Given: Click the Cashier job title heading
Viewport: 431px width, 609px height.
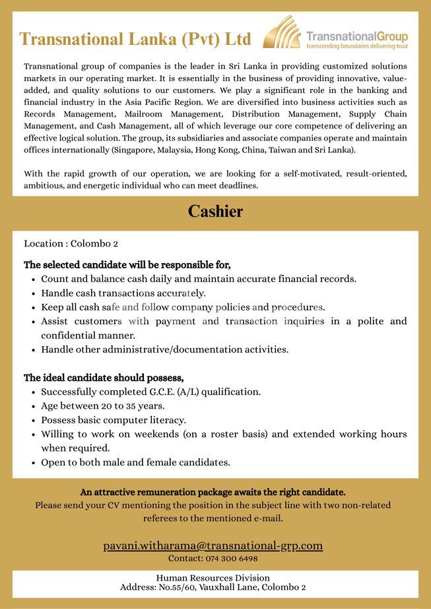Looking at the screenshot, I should point(215,212).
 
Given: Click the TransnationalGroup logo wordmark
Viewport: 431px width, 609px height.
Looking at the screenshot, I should point(357,36).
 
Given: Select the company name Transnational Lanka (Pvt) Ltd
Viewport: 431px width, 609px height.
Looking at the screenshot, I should point(135,40).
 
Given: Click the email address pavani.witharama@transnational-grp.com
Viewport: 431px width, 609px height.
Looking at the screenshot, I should point(213,545).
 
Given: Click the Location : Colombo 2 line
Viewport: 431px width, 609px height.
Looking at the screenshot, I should point(71,244).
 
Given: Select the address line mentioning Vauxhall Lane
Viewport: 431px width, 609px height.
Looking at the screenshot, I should point(213,587).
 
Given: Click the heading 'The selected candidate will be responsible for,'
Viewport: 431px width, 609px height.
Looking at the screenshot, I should point(127,265).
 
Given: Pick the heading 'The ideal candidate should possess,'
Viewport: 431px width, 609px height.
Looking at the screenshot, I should point(104,378).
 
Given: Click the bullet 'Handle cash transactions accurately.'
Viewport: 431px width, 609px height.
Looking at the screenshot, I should point(123,293).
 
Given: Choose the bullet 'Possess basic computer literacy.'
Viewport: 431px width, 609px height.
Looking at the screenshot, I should point(114,420).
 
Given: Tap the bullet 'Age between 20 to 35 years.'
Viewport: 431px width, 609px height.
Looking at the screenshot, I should point(102,406).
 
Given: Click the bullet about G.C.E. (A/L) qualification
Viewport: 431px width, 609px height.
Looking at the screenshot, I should point(150,391).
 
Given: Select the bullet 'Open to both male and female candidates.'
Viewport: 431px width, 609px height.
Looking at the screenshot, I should point(135,463).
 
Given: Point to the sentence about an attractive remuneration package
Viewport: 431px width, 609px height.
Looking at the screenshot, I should point(213,492).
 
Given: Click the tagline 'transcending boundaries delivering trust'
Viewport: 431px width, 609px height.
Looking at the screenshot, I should point(356,47).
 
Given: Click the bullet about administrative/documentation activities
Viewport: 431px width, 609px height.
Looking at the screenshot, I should point(164,349).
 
